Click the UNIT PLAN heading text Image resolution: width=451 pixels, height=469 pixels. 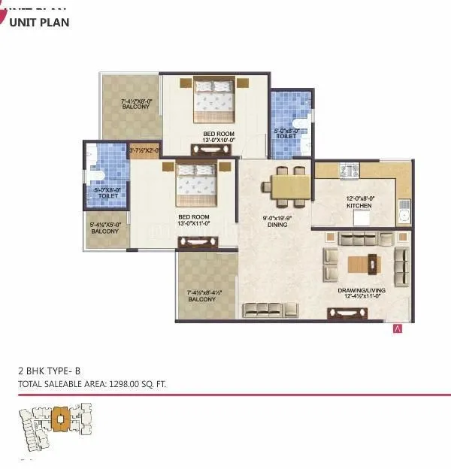point(39,23)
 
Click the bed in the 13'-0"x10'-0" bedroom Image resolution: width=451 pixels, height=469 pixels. point(213,101)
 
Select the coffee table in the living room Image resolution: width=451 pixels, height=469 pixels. point(363,264)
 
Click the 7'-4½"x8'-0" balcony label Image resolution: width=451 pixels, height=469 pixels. point(136,104)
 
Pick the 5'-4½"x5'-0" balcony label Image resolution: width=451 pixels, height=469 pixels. point(105,228)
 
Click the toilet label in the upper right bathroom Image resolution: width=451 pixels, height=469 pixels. point(286,134)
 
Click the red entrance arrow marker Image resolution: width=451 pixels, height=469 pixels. point(398,328)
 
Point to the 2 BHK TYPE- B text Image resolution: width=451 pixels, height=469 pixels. point(54,371)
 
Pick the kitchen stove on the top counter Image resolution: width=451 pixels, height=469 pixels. point(350,172)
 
